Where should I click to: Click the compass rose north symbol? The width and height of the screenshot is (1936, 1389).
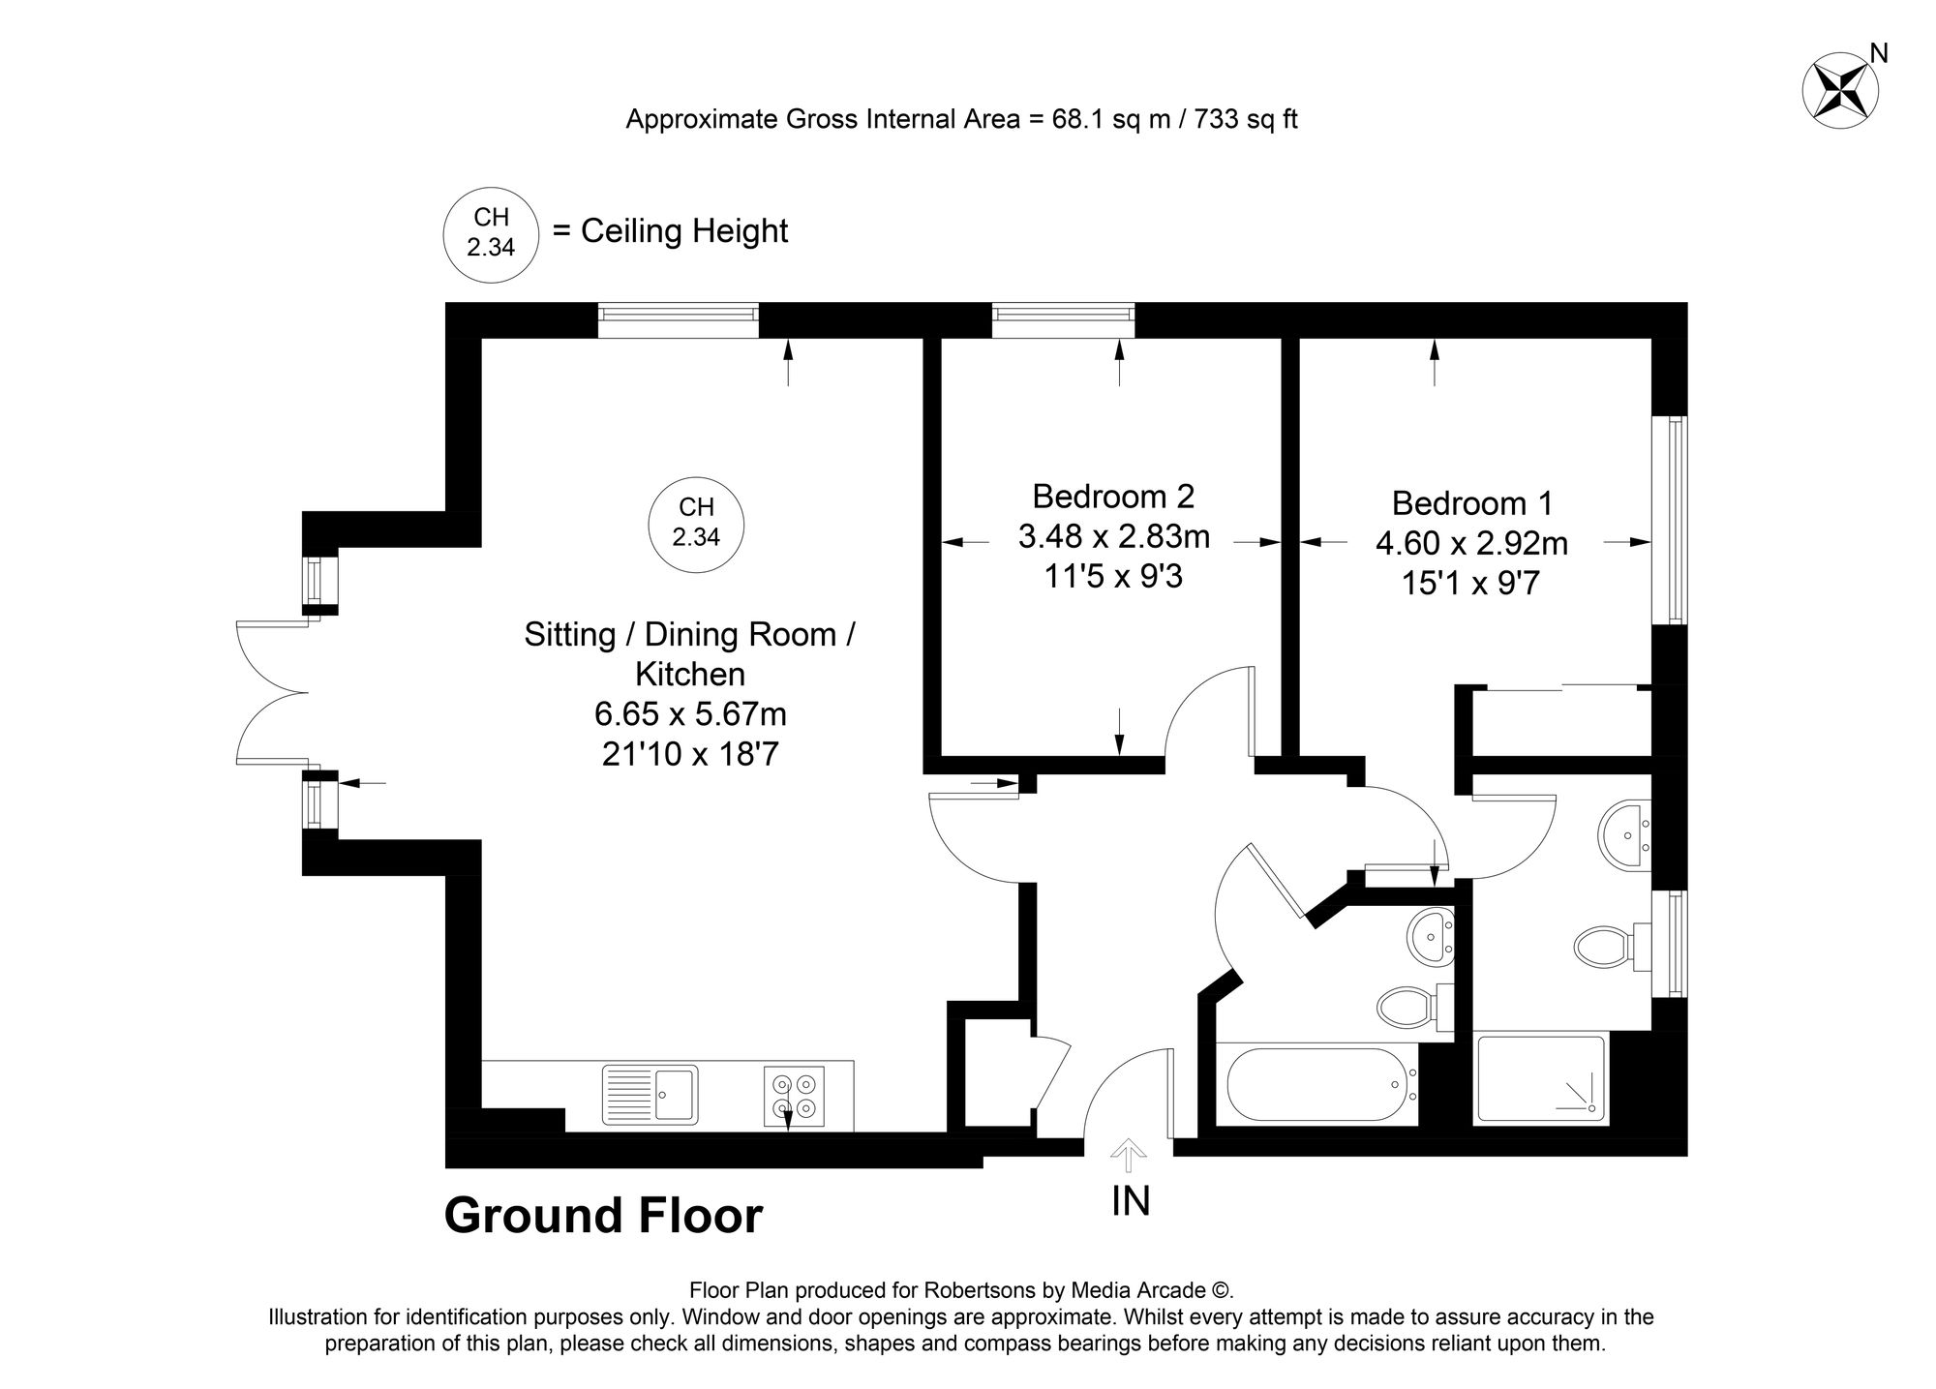click(1840, 91)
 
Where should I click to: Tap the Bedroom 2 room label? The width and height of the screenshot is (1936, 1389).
click(1113, 497)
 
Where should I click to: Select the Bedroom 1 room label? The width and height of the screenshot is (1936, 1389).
click(1472, 503)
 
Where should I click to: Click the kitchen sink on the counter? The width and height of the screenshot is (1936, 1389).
click(650, 1095)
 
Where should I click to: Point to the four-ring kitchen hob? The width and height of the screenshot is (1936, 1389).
click(794, 1096)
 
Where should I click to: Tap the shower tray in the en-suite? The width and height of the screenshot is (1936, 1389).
click(1540, 1079)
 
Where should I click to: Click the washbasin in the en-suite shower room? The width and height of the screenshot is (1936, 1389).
click(1625, 835)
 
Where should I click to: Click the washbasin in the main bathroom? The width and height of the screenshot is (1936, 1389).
click(1430, 936)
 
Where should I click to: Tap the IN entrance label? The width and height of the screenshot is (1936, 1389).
click(1131, 1201)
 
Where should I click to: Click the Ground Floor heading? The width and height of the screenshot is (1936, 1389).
click(603, 1216)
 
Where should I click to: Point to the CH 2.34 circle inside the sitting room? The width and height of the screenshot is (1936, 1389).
click(697, 522)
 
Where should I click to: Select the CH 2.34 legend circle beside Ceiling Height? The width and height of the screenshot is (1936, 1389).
click(491, 233)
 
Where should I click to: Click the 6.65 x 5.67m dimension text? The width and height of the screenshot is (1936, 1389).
click(690, 714)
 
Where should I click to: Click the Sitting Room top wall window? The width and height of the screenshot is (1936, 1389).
click(678, 320)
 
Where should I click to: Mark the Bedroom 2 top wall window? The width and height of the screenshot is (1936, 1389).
click(1063, 320)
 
